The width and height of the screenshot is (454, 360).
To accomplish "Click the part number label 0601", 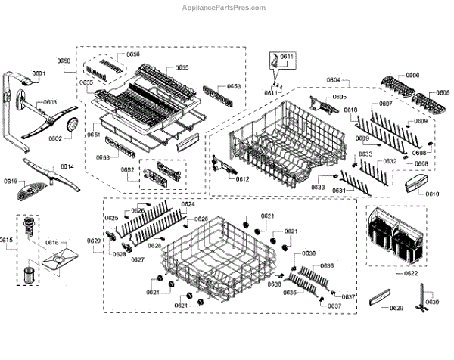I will tap(39, 73).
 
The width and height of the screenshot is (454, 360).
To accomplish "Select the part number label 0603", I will tap(49, 102).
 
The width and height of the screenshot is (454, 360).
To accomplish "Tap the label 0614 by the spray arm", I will tap(67, 166).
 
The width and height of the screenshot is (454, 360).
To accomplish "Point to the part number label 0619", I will tap(10, 181).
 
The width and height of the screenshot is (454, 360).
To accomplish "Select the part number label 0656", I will tap(132, 54).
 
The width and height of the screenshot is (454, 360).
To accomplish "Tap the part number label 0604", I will tap(333, 80).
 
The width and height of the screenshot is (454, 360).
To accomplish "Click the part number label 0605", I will tap(340, 97).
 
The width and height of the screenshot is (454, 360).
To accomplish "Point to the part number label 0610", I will tap(432, 194).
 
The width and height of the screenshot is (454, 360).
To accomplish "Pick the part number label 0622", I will tap(411, 273).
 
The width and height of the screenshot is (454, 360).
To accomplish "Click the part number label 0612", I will tap(242, 179).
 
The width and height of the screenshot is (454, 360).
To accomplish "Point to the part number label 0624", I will tap(188, 205).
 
